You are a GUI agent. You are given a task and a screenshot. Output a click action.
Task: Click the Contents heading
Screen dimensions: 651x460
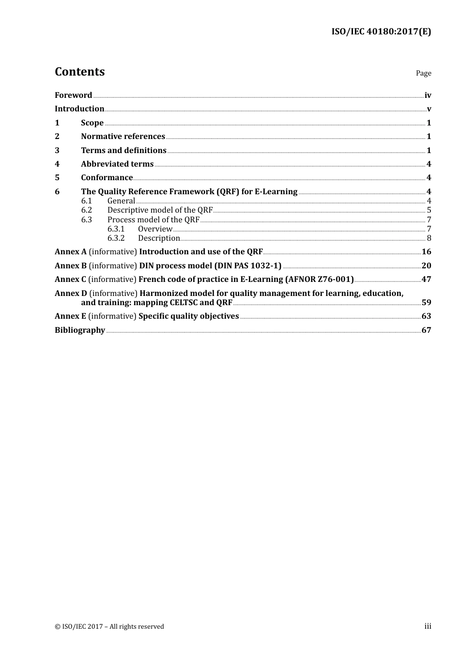pyautogui.click(x=79, y=72)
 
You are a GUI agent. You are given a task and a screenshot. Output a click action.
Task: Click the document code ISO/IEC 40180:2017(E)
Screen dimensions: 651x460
pyautogui.click(x=381, y=32)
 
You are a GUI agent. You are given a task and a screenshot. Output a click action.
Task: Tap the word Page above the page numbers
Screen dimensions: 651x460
pyautogui.click(x=423, y=73)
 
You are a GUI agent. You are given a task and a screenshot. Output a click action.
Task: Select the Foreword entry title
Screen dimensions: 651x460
pyautogui.click(x=73, y=95)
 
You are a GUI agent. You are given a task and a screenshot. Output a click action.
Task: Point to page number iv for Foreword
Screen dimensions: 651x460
pyautogui.click(x=428, y=95)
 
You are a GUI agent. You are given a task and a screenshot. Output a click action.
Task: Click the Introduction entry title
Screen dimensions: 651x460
pyautogui.click(x=79, y=108)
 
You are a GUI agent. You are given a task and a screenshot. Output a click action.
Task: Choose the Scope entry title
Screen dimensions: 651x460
pyautogui.click(x=92, y=123)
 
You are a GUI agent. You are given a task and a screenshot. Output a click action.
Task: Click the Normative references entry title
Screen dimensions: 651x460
pyautogui.click(x=123, y=136)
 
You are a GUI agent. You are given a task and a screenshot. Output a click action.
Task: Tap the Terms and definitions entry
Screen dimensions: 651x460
pyautogui.click(x=123, y=150)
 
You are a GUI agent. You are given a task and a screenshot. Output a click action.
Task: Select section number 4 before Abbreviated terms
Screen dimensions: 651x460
pyautogui.click(x=57, y=164)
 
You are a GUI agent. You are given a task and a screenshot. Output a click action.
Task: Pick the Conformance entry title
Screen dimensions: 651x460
pyautogui.click(x=107, y=177)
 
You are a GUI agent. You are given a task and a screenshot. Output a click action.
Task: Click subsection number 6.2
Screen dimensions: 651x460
pyautogui.click(x=87, y=210)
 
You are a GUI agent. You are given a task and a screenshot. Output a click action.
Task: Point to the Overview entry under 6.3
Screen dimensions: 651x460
pyautogui.click(x=155, y=229)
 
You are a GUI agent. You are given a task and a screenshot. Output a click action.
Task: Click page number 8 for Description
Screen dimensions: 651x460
pyautogui.click(x=429, y=238)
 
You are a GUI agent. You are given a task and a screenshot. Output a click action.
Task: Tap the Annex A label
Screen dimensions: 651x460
pyautogui.click(x=71, y=251)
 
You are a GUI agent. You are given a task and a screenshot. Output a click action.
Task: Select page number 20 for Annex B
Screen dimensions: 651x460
pyautogui.click(x=426, y=265)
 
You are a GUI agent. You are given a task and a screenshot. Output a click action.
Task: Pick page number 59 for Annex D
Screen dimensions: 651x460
pyautogui.click(x=426, y=302)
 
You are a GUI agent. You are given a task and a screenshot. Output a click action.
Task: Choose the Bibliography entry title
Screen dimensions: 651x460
pyautogui.click(x=80, y=330)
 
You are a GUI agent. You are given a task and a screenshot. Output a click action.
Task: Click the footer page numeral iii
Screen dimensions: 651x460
pyautogui.click(x=428, y=626)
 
